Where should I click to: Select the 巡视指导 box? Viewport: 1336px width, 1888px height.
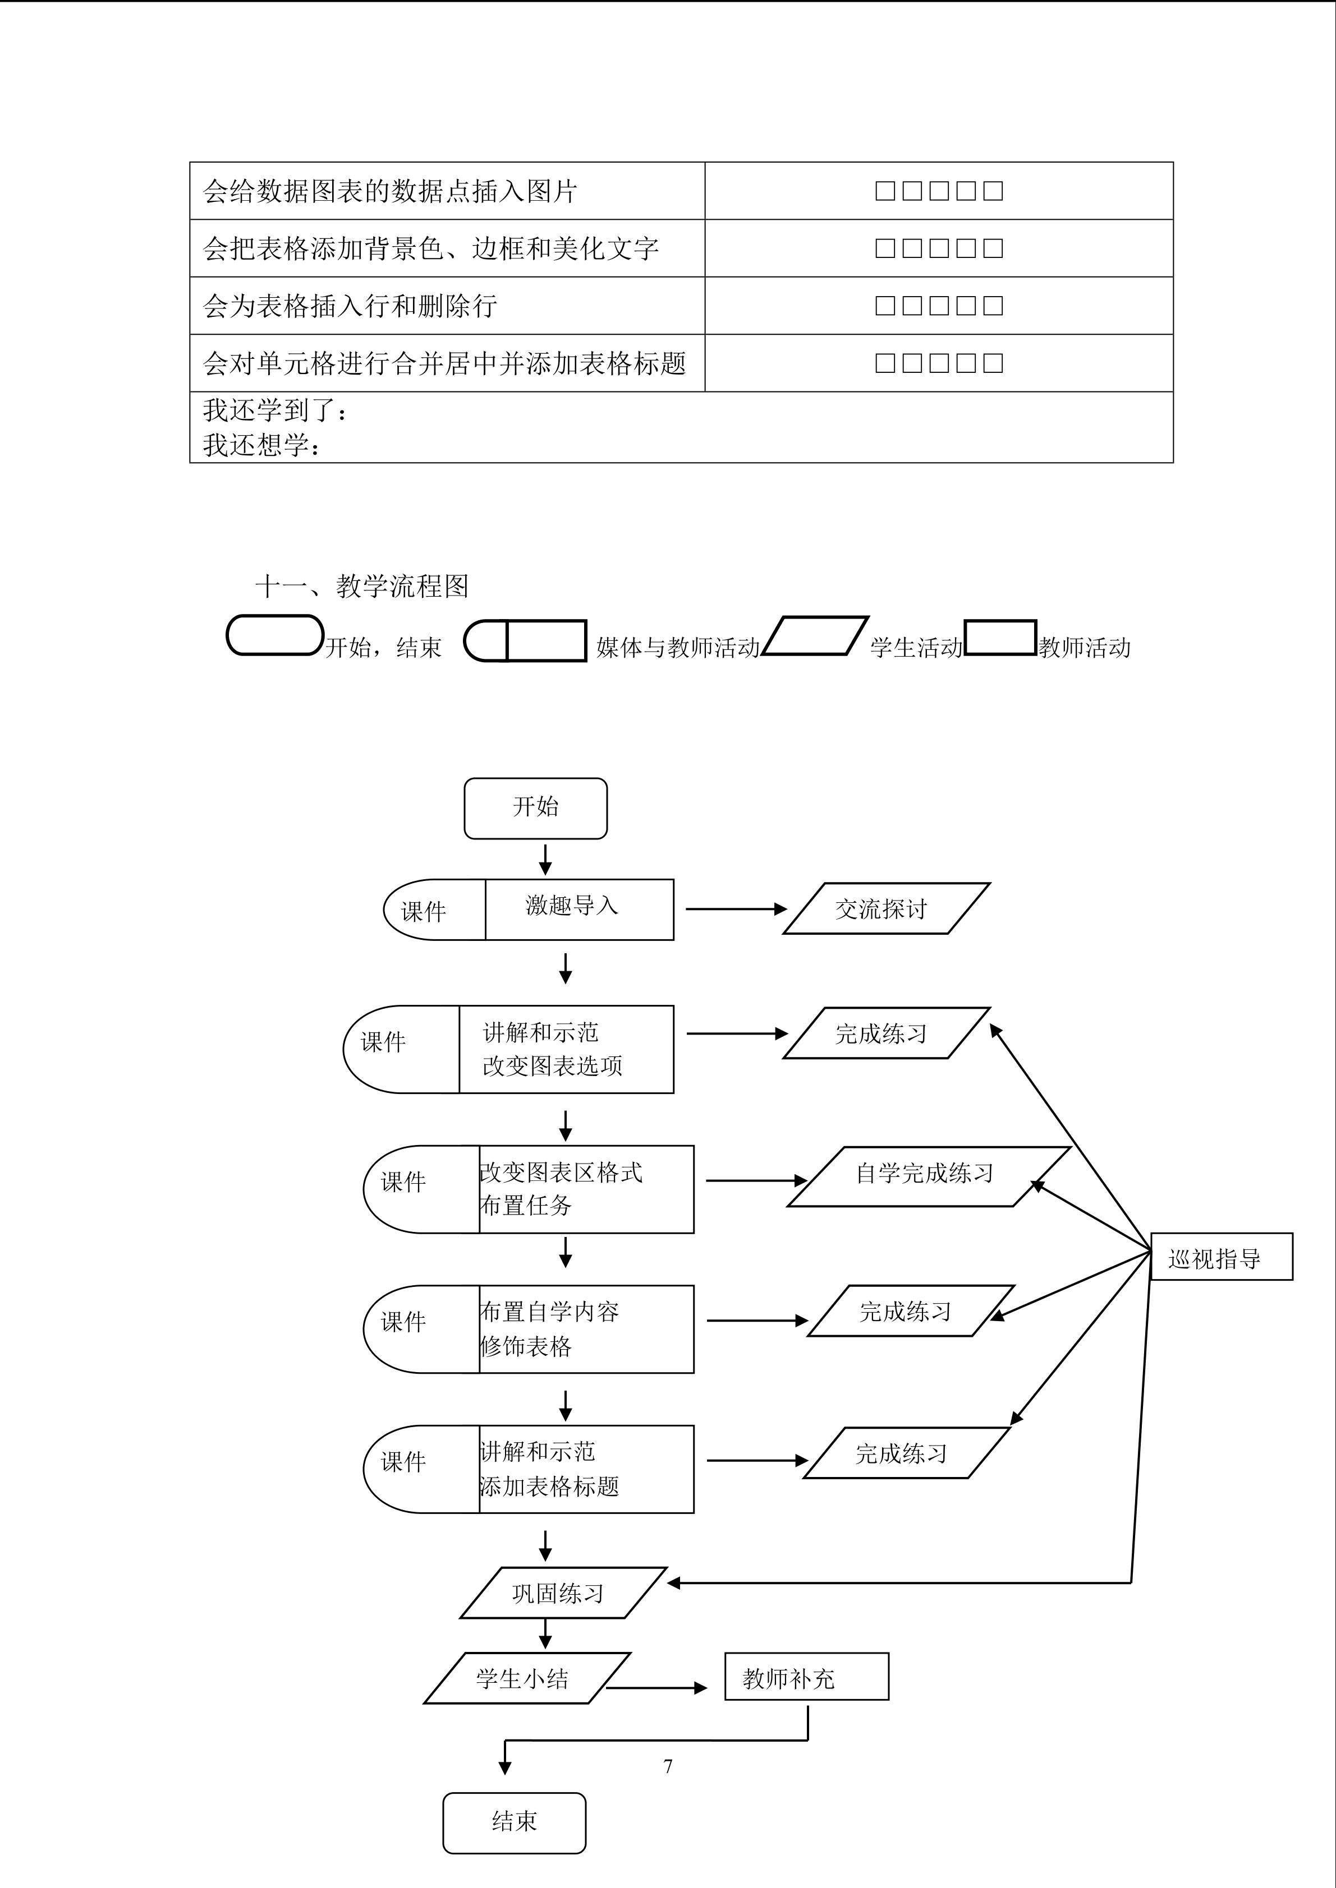[x=1221, y=1257]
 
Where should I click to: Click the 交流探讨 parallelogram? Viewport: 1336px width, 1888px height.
[x=885, y=908]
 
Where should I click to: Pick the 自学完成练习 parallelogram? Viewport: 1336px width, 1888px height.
[x=928, y=1175]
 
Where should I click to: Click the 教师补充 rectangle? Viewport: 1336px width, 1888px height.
[x=806, y=1677]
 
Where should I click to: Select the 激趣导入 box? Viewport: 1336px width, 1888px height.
[x=579, y=908]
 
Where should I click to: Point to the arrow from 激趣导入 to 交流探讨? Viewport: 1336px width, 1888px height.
[x=736, y=908]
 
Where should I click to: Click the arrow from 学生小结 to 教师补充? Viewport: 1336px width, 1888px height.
[x=656, y=1688]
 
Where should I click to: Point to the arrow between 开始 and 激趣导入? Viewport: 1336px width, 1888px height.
[x=545, y=858]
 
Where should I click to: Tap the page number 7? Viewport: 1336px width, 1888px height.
[x=668, y=1765]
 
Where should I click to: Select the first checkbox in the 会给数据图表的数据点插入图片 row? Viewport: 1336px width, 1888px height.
[x=884, y=191]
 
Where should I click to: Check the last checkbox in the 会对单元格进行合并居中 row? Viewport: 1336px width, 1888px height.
[x=993, y=363]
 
